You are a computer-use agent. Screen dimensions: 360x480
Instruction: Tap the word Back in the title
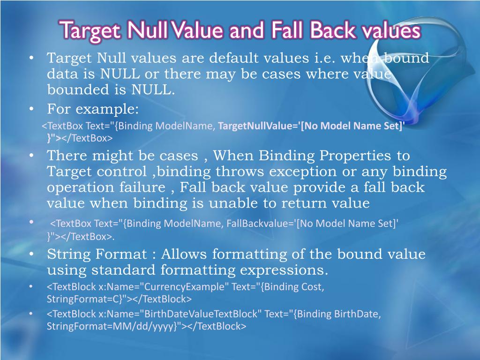pos(328,31)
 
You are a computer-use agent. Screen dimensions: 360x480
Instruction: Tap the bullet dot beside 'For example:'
pos(31,110)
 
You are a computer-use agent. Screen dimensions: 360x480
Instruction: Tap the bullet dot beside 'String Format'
pos(31,255)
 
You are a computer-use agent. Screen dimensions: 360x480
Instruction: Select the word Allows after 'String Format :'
pos(184,255)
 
